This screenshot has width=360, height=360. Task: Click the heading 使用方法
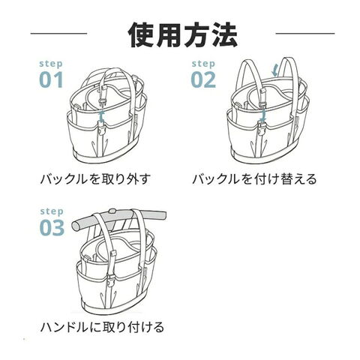click(x=183, y=35)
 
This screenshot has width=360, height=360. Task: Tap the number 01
click(x=51, y=79)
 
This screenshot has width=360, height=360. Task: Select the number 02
click(x=203, y=79)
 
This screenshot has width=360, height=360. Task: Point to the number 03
click(x=52, y=227)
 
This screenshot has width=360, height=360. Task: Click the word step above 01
click(x=51, y=64)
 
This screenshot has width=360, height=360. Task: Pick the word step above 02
click(x=203, y=64)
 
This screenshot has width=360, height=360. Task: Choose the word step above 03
click(x=52, y=211)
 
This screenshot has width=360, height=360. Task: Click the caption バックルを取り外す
click(x=95, y=179)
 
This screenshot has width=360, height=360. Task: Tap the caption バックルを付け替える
click(x=254, y=179)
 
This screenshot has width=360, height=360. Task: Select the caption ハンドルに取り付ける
click(x=102, y=327)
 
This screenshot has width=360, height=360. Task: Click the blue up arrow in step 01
click(x=101, y=115)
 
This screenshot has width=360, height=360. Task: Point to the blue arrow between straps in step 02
click(x=274, y=70)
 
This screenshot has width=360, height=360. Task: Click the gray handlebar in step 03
click(x=118, y=219)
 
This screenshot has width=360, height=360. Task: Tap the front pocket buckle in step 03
click(x=109, y=280)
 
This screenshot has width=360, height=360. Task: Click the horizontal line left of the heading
click(x=58, y=33)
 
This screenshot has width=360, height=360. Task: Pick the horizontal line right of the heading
click(x=305, y=33)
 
